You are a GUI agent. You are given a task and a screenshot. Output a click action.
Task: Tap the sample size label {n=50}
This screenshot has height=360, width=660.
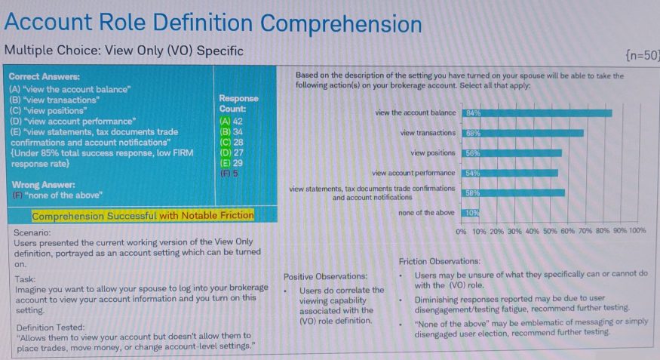(642, 54)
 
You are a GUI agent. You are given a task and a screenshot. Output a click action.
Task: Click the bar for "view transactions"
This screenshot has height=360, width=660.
(521, 133)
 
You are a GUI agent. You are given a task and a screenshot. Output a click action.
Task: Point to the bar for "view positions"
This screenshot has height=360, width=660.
(510, 152)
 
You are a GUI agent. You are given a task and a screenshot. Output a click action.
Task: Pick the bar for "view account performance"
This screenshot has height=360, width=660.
(508, 173)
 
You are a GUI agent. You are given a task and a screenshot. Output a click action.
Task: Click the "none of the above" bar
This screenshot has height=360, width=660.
(469, 213)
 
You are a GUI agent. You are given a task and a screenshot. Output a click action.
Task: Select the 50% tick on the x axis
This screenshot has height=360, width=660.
(549, 231)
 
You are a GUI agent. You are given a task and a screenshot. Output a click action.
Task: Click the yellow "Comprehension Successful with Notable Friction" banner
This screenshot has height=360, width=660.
(143, 216)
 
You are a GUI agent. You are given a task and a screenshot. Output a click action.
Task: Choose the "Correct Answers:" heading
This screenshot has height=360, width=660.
(44, 77)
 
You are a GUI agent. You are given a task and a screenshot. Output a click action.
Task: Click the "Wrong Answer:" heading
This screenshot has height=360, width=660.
(42, 185)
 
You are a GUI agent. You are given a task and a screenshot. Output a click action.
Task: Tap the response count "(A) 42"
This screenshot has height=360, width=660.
(231, 121)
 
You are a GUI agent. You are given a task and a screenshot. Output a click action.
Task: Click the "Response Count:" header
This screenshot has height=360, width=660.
(238, 103)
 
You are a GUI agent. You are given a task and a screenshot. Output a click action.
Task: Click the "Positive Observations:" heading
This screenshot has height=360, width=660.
(326, 276)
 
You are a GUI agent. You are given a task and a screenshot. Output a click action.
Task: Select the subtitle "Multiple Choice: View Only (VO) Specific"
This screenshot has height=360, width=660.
(124, 51)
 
